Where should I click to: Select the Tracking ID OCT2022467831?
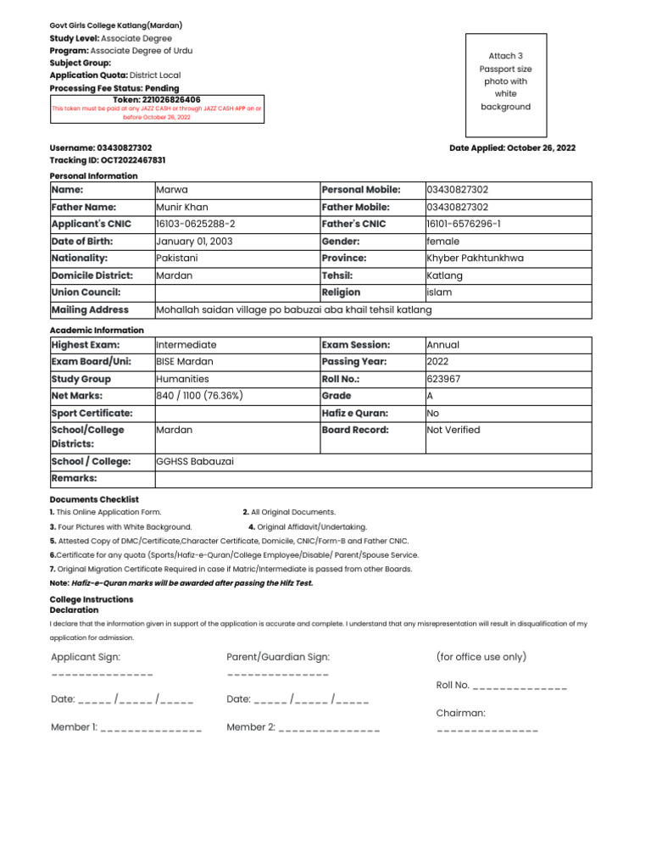108,159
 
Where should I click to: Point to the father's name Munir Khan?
181,207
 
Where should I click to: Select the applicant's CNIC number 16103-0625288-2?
195,224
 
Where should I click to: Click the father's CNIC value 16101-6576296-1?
464,224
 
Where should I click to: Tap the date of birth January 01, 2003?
194,241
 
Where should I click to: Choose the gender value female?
442,241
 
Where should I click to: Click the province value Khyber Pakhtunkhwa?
475,258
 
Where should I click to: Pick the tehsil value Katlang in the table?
445,275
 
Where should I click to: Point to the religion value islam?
439,292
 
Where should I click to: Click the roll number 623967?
444,379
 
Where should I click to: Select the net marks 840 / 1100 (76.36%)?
199,396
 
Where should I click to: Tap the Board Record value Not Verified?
453,430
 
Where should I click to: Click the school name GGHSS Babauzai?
195,461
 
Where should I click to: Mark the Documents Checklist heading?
94,500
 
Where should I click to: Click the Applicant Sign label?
86,657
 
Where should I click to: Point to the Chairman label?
460,713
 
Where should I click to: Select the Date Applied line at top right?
512,147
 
